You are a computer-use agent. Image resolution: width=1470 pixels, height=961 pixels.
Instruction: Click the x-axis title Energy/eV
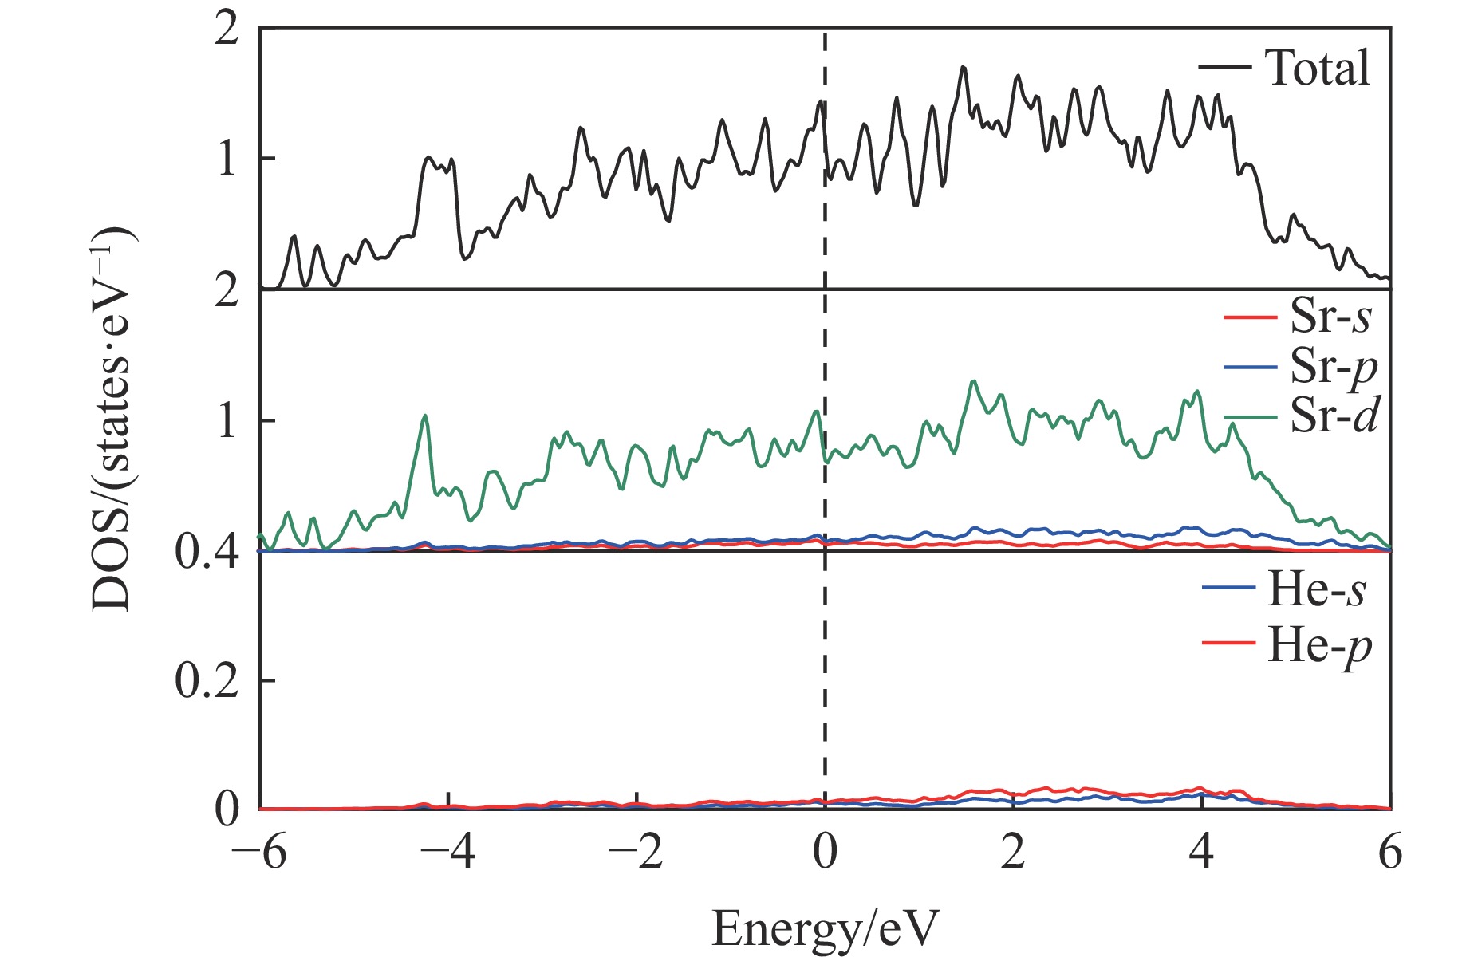click(x=825, y=928)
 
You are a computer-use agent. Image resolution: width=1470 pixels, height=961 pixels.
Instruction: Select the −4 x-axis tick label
click(x=447, y=854)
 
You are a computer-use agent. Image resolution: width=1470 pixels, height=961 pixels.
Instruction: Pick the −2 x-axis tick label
click(x=636, y=854)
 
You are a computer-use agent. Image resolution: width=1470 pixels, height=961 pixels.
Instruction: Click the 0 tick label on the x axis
click(x=826, y=854)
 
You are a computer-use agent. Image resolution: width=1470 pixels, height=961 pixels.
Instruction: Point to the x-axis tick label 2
click(x=1013, y=854)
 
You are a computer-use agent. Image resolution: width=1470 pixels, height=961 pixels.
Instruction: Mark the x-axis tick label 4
click(x=1201, y=854)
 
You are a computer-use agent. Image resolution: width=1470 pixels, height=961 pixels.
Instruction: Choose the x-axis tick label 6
click(x=1390, y=854)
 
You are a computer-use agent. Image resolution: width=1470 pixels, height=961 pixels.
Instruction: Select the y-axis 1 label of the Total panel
click(x=227, y=159)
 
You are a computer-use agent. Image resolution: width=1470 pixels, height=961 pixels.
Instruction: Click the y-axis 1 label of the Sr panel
click(x=227, y=420)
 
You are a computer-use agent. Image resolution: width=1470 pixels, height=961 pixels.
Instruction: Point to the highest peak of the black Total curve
click(x=964, y=67)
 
